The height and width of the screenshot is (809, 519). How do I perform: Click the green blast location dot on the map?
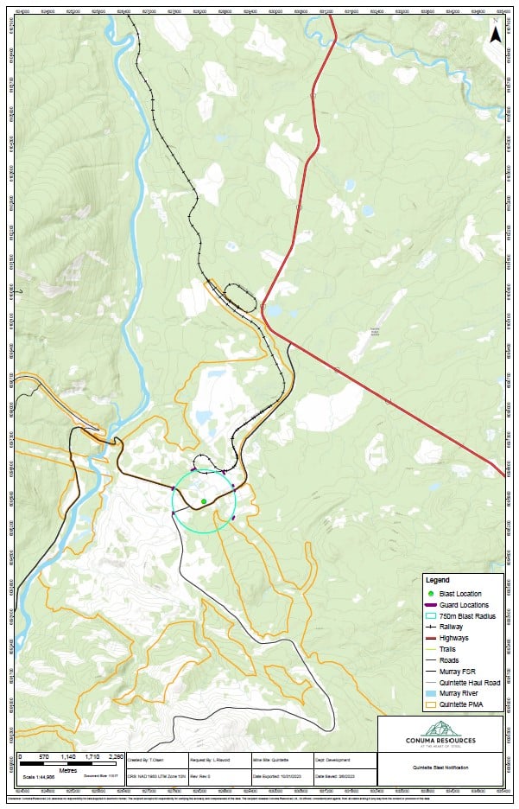coord(204,501)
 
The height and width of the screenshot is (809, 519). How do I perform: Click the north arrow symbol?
coord(495,35)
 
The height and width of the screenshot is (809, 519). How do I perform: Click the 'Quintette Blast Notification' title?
coord(440,766)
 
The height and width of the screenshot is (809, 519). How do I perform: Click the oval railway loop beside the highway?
coord(241,296)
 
